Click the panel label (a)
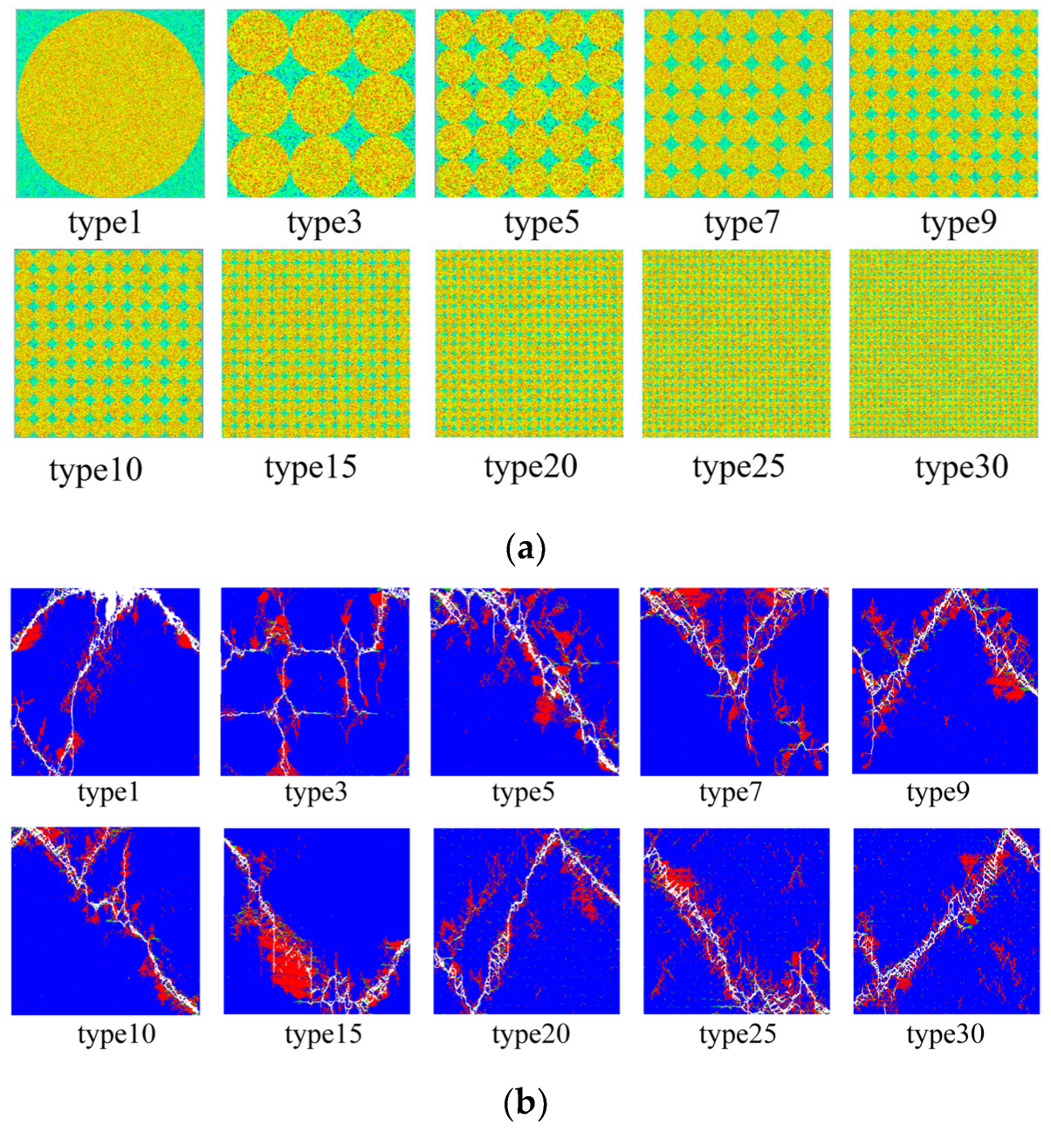point(525,549)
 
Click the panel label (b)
point(525,1104)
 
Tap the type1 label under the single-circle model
point(105,223)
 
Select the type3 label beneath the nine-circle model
point(324,223)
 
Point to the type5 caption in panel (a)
point(542,223)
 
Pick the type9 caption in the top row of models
point(958,223)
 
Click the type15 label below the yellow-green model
point(311,467)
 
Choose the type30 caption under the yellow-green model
point(961,467)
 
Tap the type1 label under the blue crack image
point(108,792)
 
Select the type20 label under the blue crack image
point(531,1034)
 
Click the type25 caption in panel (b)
point(738,1034)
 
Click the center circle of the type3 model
point(321,104)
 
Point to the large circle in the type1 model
point(110,104)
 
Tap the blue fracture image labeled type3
point(314,682)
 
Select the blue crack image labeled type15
point(317,921)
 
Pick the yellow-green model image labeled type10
point(109,343)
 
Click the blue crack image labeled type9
point(945,681)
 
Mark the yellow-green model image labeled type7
point(738,104)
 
